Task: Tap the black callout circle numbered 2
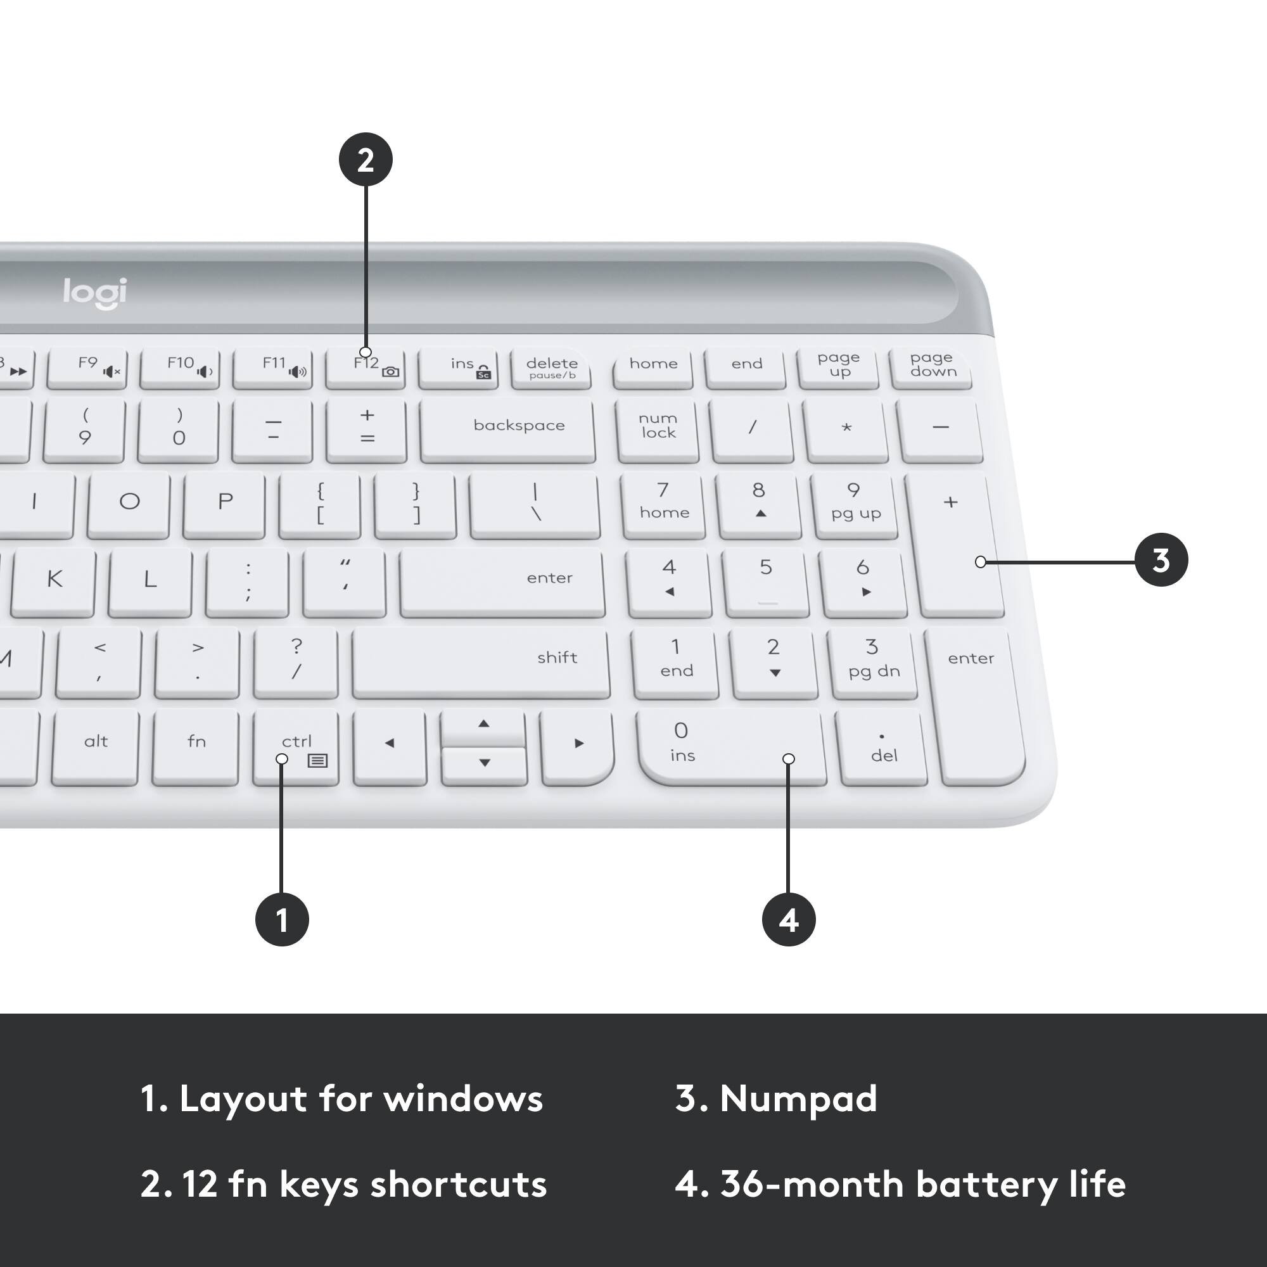366,160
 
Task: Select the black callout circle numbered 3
1161,560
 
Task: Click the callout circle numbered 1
282,919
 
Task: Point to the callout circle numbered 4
788,919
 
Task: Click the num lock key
658,427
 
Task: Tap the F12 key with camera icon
366,368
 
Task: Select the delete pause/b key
551,368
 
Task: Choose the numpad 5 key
765,581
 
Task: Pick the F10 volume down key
180,368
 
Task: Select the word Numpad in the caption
798,1098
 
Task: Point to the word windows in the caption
463,1098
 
